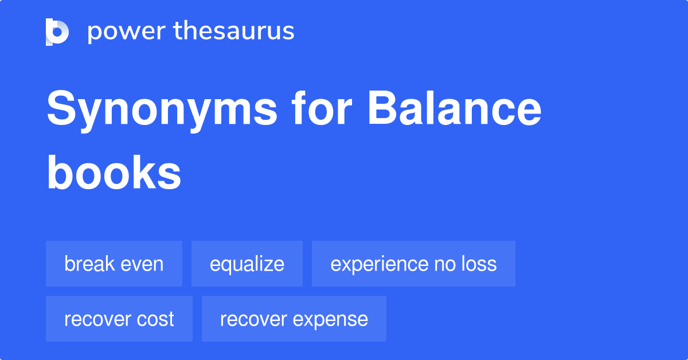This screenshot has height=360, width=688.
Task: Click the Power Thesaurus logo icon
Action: [x=57, y=32]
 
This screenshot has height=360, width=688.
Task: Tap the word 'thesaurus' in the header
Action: [x=234, y=32]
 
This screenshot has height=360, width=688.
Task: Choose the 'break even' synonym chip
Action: [x=114, y=264]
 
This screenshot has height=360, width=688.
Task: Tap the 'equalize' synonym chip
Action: [x=247, y=264]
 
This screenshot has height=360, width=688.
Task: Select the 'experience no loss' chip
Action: [x=413, y=264]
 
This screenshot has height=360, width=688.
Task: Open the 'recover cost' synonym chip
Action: [x=119, y=319]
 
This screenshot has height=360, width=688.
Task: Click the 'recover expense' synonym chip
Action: [x=294, y=319]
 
